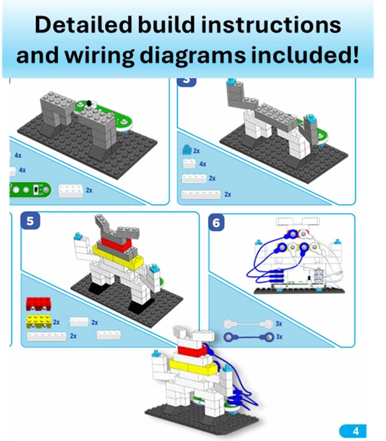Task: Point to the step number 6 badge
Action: coord(217,223)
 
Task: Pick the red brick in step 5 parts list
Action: coord(38,304)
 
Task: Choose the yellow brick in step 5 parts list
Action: coord(38,321)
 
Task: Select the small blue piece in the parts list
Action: coord(186,150)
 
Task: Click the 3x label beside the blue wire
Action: coord(279,337)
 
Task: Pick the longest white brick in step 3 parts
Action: coord(201,194)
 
